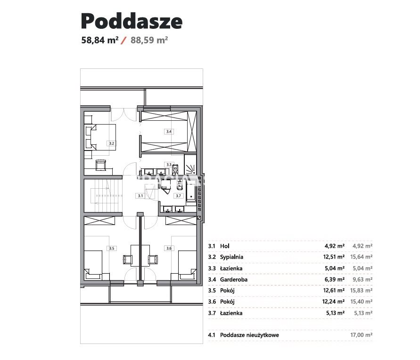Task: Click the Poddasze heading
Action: (132, 21)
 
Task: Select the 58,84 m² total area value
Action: (99, 40)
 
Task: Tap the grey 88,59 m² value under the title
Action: (149, 40)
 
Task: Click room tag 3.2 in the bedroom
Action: (111, 143)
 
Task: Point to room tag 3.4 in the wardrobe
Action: (169, 132)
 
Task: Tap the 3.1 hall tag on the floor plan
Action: (140, 196)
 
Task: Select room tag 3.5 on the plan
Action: (111, 248)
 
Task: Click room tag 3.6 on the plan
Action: (169, 248)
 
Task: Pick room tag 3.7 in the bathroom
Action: (178, 196)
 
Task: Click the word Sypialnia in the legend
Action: (231, 257)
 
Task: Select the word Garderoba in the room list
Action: (234, 280)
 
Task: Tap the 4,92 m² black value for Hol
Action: (335, 246)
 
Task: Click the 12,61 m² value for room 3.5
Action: (334, 290)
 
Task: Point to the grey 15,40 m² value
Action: (362, 301)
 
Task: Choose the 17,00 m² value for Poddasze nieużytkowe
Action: (362, 335)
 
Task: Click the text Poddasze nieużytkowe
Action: (249, 335)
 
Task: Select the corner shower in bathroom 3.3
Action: (190, 165)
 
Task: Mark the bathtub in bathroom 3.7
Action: (191, 191)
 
